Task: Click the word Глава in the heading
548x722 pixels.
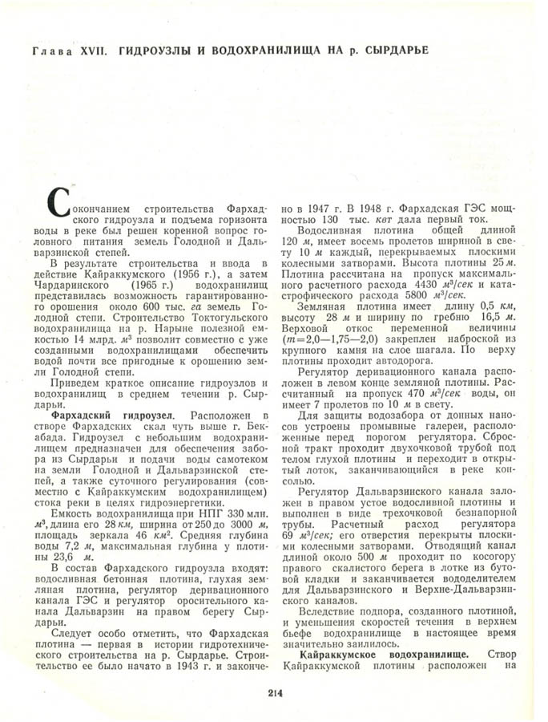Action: point(50,50)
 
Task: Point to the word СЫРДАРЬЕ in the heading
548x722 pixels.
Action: point(390,50)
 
